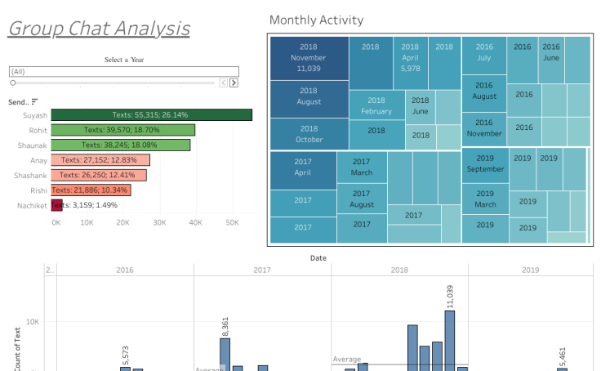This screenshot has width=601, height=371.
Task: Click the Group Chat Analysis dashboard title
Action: point(99,29)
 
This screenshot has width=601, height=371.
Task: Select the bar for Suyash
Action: point(151,115)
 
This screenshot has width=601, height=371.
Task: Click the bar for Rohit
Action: point(122,130)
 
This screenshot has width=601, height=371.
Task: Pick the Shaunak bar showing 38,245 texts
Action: point(120,145)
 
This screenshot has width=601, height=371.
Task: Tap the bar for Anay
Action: point(100,160)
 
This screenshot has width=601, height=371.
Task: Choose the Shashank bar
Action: point(98,175)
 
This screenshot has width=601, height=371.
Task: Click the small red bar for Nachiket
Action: point(56,205)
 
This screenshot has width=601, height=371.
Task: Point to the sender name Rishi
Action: point(38,190)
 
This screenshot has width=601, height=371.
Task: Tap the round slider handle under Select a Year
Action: point(13,83)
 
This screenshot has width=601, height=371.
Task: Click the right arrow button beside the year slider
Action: point(234,83)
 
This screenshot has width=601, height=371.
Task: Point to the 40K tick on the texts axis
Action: point(196,222)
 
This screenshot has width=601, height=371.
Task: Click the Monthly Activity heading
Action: point(316,20)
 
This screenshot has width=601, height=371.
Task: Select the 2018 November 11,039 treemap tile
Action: point(309,58)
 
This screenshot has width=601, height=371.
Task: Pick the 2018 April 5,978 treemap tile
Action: point(410,58)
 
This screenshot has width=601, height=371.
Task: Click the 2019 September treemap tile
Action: point(485,163)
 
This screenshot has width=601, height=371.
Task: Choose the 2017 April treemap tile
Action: point(303,167)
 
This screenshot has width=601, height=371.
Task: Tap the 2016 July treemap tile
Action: point(484,53)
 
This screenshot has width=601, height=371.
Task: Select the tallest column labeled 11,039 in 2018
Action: point(450,341)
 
